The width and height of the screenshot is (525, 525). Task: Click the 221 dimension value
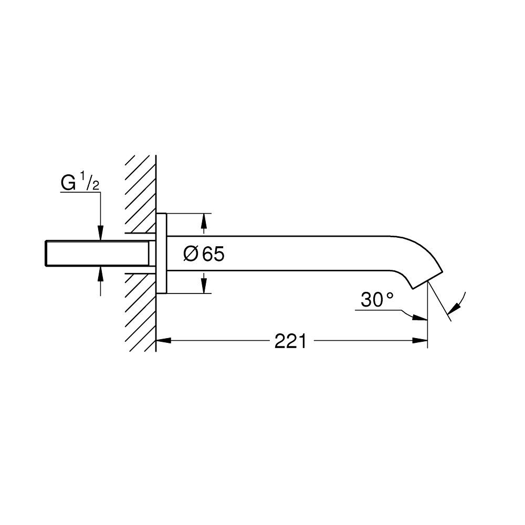(290, 341)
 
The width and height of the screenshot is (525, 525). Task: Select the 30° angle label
(377, 300)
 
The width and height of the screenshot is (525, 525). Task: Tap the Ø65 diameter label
(204, 254)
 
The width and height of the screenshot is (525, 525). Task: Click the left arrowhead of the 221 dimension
(163, 341)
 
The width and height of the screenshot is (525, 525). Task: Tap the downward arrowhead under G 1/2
(100, 234)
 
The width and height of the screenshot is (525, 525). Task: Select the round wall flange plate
(161, 253)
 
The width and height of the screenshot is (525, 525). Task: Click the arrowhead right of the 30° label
(420, 317)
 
